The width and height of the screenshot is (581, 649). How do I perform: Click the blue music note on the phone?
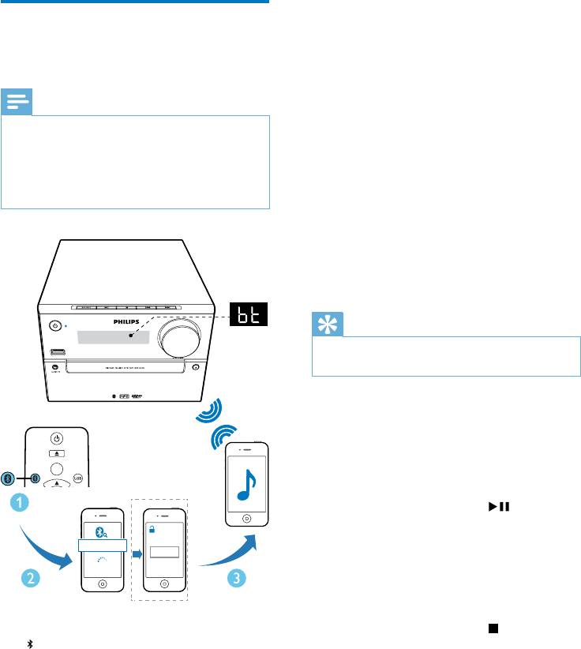tap(249, 482)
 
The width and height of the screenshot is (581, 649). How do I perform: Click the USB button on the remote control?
tap(77, 478)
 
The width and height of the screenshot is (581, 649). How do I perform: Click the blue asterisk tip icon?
tap(326, 324)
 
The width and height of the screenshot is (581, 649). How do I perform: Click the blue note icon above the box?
tap(17, 101)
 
